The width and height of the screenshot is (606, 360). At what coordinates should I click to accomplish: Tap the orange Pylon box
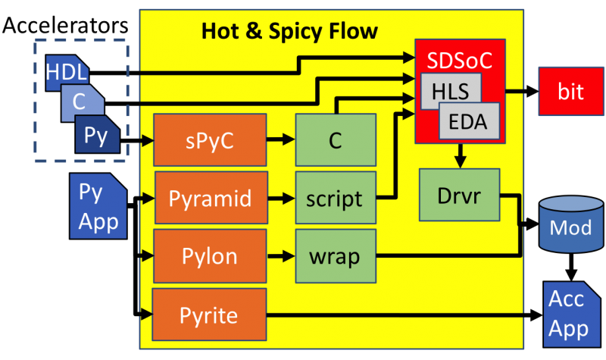coord(210,255)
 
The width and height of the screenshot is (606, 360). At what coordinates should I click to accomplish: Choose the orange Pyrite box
coord(210,314)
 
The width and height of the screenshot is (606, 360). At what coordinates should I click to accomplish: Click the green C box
coord(336,139)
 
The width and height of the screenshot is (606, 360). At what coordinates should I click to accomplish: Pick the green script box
coord(336,198)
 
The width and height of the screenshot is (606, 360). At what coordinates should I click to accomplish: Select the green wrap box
coord(336,255)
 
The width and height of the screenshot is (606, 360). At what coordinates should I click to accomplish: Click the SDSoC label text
coord(460,60)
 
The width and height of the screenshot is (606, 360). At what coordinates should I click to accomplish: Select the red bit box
coord(571,91)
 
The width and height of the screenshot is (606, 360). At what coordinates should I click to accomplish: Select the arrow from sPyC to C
coord(280,139)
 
